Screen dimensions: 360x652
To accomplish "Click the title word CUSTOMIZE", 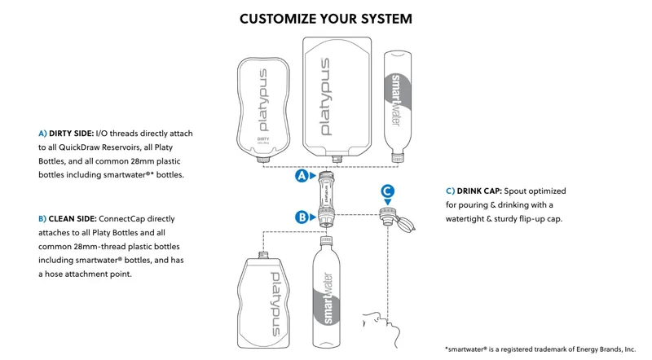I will pos(282,18).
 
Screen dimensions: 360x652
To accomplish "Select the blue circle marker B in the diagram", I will pos(302,217).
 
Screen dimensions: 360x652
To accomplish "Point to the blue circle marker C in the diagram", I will pos(388,191).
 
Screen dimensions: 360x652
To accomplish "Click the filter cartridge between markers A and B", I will pos(325,196).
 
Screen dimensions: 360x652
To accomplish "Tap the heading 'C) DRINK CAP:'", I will pos(473,191).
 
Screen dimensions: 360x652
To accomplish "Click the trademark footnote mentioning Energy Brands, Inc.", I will pos(540,349).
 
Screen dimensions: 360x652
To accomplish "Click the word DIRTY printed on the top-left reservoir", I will pos(263,139).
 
